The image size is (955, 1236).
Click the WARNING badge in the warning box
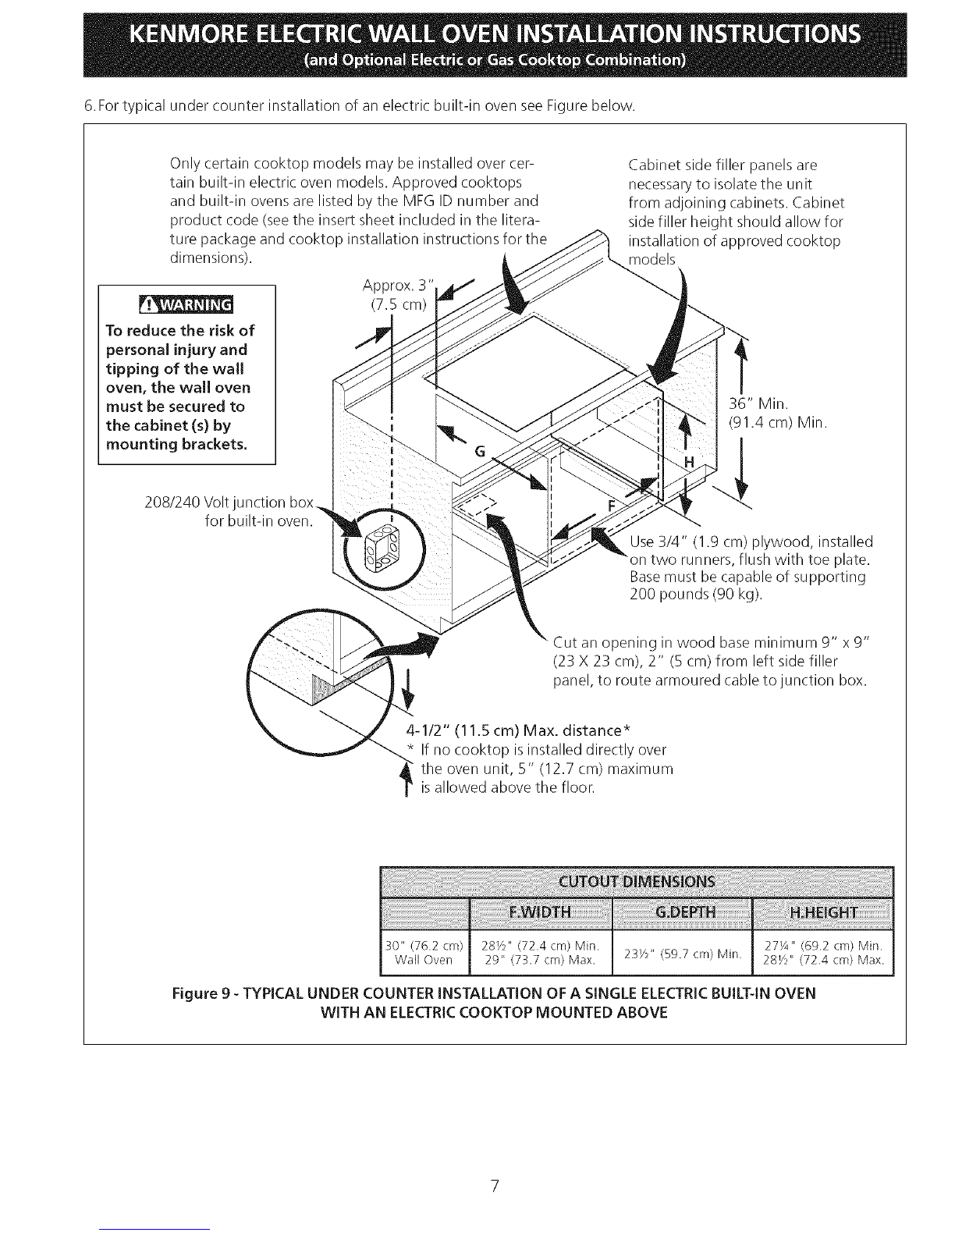(186, 305)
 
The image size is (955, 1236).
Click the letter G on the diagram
(480, 452)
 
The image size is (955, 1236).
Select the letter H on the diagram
(690, 463)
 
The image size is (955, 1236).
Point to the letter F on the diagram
(612, 506)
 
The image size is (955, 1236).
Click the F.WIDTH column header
(540, 913)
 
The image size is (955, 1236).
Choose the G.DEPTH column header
(681, 913)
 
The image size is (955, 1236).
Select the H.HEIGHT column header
(823, 913)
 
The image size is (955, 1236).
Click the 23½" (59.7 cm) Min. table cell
(682, 954)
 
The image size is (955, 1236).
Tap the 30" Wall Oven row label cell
(424, 954)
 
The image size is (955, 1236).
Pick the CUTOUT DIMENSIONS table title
(637, 883)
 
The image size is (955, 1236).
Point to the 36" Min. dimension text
(758, 404)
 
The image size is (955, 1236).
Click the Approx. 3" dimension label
(398, 285)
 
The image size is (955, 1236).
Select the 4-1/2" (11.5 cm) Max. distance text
(518, 730)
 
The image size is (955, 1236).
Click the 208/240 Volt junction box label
(229, 503)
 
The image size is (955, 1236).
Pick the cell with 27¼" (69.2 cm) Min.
(823, 946)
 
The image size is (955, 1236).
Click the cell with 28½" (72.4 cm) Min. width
(540, 946)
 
